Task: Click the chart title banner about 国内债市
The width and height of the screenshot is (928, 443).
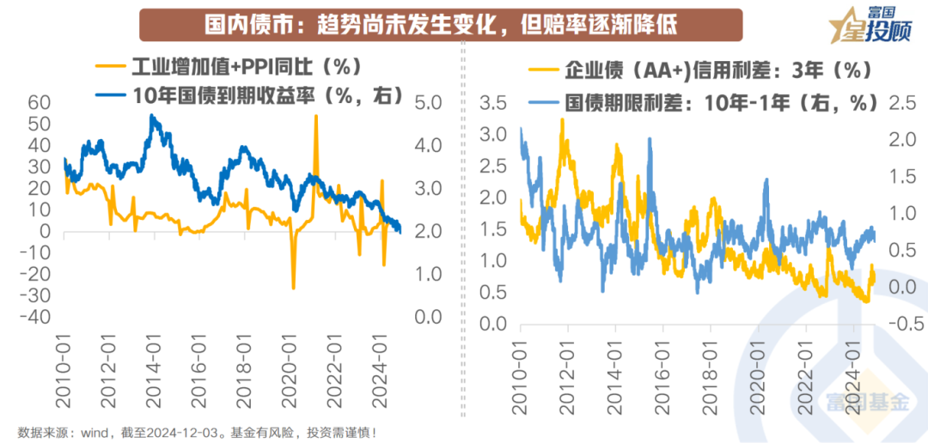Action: point(441,25)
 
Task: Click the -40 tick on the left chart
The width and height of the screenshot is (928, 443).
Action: point(36,317)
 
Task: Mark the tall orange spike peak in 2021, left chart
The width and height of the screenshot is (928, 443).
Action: point(316,116)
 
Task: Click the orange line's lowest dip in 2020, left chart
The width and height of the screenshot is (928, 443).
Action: point(293,288)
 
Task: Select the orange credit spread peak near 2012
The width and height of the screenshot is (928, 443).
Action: point(562,119)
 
